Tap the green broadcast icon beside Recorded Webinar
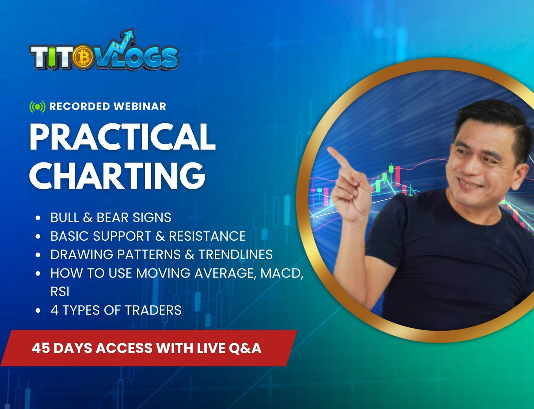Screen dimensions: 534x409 pos(37,107)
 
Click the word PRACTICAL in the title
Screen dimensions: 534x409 pos(122,137)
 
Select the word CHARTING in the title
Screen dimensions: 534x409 pos(117,175)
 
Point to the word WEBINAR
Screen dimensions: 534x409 pos(140,106)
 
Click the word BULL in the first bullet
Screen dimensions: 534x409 pos(65,217)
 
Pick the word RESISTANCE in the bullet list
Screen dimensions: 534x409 pos(207,236)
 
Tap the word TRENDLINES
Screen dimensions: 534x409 pos(235,254)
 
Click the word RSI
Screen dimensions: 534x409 pos(60,292)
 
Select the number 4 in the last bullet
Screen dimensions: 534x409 pos(54,310)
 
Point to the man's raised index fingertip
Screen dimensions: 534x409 pos(330,149)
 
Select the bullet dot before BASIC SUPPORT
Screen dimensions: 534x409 pos(38,236)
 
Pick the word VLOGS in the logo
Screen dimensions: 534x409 pos(137,58)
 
